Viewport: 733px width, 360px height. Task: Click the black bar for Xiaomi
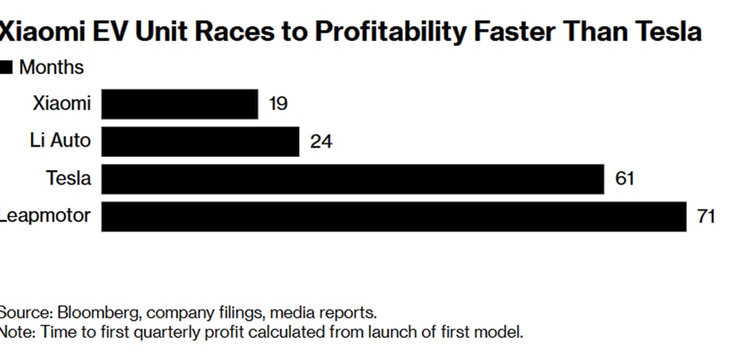[x=180, y=104]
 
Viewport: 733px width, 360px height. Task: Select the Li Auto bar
[x=201, y=142]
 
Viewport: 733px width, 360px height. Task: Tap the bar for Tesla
[x=353, y=179]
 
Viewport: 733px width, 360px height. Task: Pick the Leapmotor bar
[x=394, y=217]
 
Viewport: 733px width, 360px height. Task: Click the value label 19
[x=278, y=104]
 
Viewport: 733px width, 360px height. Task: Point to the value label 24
[x=321, y=142]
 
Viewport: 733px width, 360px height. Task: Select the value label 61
[x=625, y=179]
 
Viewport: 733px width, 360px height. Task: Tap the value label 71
[x=705, y=217]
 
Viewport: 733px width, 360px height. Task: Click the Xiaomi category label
[x=62, y=104]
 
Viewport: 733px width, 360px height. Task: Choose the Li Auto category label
[x=59, y=142]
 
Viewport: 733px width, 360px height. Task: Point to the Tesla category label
[x=68, y=179]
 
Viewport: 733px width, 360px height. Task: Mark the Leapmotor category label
[x=46, y=217]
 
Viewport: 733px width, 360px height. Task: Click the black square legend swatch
[x=7, y=68]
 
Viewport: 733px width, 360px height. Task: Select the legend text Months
[x=50, y=68]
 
